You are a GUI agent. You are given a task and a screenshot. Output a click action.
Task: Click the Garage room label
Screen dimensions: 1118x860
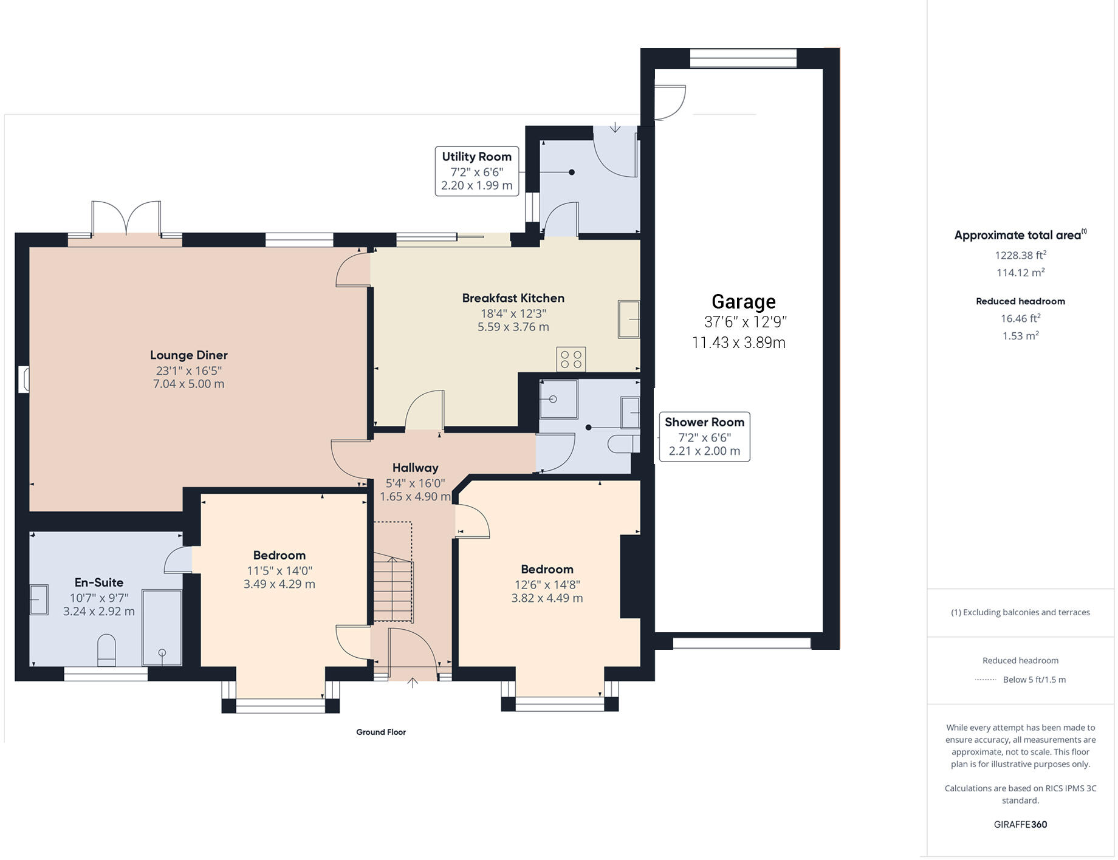(743, 302)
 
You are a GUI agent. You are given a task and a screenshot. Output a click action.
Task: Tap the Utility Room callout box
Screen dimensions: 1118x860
(477, 171)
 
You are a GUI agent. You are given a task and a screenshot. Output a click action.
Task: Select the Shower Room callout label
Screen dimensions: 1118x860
(704, 437)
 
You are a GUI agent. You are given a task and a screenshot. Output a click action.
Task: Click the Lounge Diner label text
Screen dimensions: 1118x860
(189, 355)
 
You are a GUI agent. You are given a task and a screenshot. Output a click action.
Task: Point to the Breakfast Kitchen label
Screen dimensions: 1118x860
(513, 298)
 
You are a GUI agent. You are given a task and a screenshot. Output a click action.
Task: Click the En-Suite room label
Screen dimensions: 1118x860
(99, 582)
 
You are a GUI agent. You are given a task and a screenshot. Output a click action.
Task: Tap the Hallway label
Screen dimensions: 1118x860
(415, 468)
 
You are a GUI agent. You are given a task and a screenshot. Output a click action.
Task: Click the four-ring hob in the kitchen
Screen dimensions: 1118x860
(571, 358)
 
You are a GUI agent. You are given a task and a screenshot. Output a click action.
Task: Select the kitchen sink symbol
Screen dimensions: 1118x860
(629, 319)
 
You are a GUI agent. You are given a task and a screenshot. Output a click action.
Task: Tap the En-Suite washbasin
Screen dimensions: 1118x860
(39, 599)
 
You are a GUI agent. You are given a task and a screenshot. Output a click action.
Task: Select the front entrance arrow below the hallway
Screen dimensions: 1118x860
(413, 683)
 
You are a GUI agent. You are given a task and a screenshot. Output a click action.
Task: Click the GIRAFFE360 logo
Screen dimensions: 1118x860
(1020, 825)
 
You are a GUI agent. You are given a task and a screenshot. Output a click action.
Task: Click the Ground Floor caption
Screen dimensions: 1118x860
(381, 732)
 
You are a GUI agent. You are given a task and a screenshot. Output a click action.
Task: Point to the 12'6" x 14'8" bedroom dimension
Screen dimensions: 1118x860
(547, 585)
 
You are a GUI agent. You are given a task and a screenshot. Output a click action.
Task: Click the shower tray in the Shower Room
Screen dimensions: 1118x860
(558, 399)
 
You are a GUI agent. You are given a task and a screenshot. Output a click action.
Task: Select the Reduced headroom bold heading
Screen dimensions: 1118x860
(1020, 301)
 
